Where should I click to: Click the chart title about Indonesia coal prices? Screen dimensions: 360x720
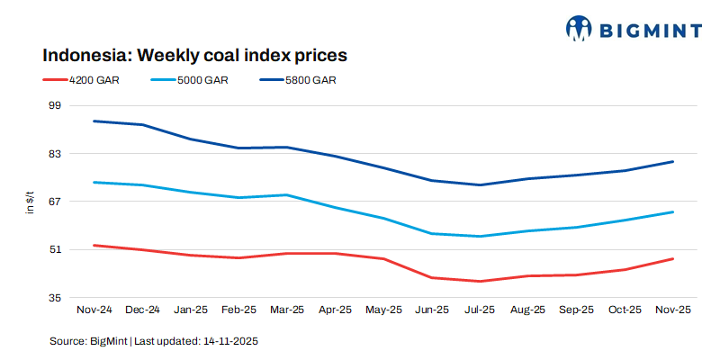click(194, 55)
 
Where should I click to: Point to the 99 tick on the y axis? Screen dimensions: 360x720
click(53, 105)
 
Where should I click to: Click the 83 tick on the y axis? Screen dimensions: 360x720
click(53, 154)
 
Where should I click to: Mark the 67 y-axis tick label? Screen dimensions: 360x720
click(53, 202)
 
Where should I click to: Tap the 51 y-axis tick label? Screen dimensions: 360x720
click(53, 249)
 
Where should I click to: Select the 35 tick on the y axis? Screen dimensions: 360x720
click(53, 298)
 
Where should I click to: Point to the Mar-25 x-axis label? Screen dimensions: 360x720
click(286, 310)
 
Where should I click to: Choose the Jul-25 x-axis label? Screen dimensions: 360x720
click(480, 310)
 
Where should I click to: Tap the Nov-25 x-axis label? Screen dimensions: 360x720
click(672, 310)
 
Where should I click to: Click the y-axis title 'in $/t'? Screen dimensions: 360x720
click(30, 202)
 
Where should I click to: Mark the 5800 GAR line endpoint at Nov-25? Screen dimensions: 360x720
click(672, 162)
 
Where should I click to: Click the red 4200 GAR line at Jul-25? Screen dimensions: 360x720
click(480, 281)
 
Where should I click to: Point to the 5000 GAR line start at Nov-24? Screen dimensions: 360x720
click(94, 183)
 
